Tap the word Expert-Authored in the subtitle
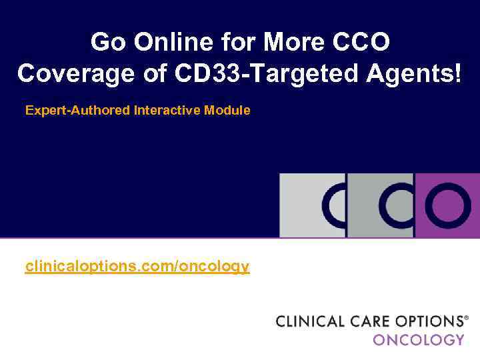[x=77, y=111]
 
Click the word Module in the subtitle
[x=228, y=111]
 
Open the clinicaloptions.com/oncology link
[x=137, y=267]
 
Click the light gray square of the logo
[x=312, y=205]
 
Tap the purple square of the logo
[x=447, y=205]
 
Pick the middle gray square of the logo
[x=380, y=205]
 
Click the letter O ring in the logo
[x=447, y=205]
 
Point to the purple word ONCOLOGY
[x=419, y=339]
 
